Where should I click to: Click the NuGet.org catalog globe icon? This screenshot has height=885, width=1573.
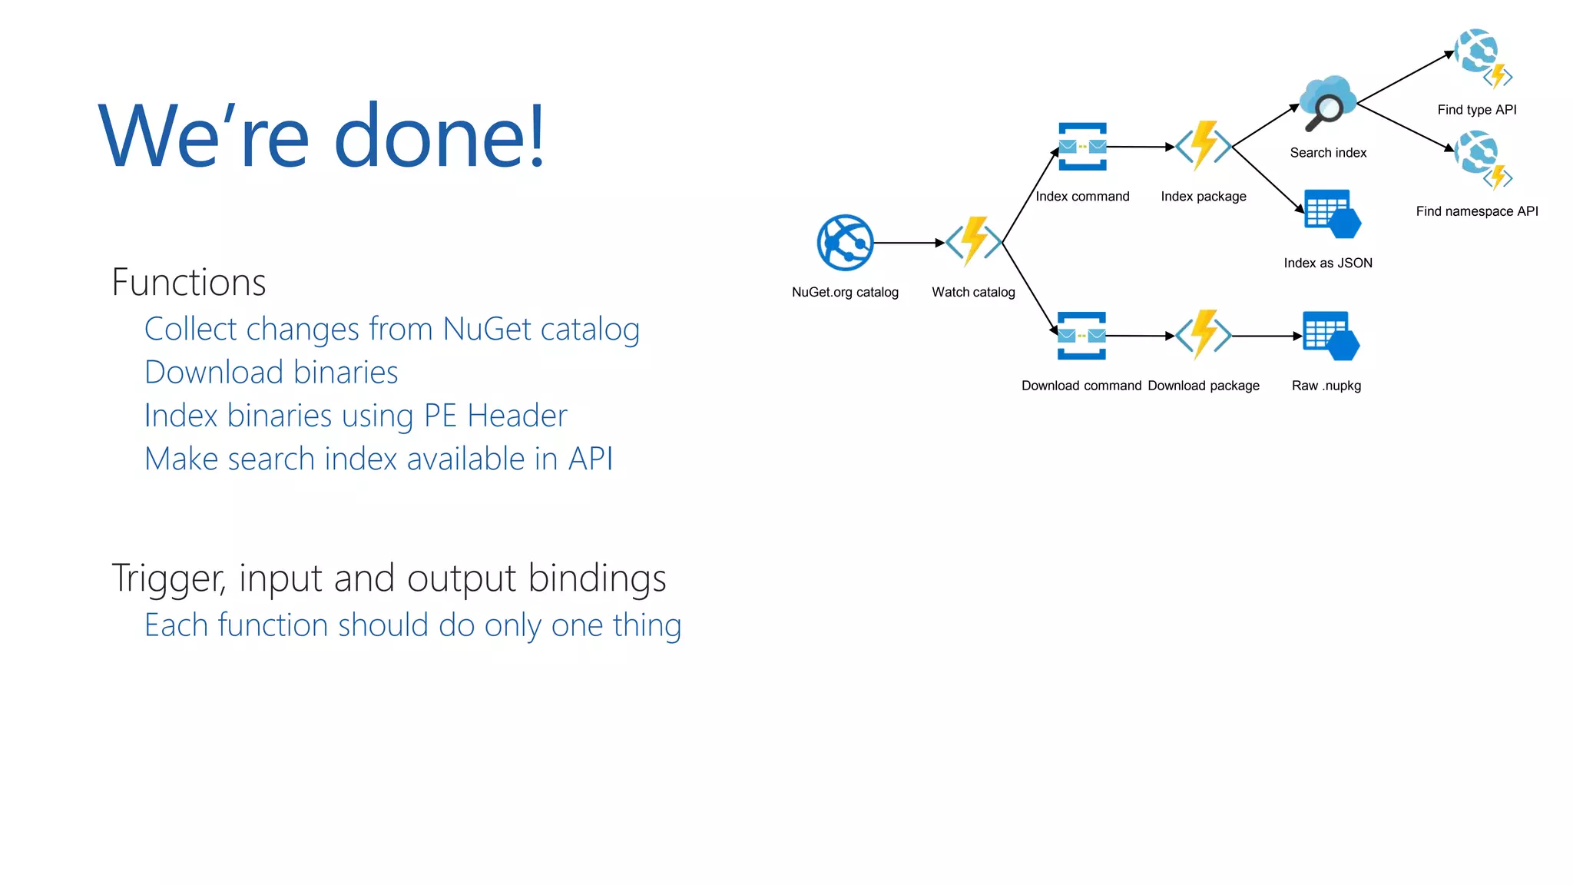click(845, 243)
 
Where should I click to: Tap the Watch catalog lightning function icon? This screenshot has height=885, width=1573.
click(974, 242)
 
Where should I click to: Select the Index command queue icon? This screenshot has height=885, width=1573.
click(1082, 146)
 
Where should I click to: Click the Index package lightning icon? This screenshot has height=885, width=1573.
click(1204, 146)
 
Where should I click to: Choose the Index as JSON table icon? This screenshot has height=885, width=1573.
click(1332, 214)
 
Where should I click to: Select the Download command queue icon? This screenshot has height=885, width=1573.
click(1081, 336)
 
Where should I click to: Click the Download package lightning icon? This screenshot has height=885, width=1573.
click(1204, 335)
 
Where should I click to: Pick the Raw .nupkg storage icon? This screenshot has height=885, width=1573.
click(1330, 336)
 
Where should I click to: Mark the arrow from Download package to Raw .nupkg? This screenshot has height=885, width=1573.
click(1267, 336)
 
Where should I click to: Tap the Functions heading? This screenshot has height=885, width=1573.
click(189, 282)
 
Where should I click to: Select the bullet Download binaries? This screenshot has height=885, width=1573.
click(271, 373)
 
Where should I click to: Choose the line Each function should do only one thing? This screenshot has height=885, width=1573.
click(412, 625)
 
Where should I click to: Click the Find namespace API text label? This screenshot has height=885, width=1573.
click(1476, 211)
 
